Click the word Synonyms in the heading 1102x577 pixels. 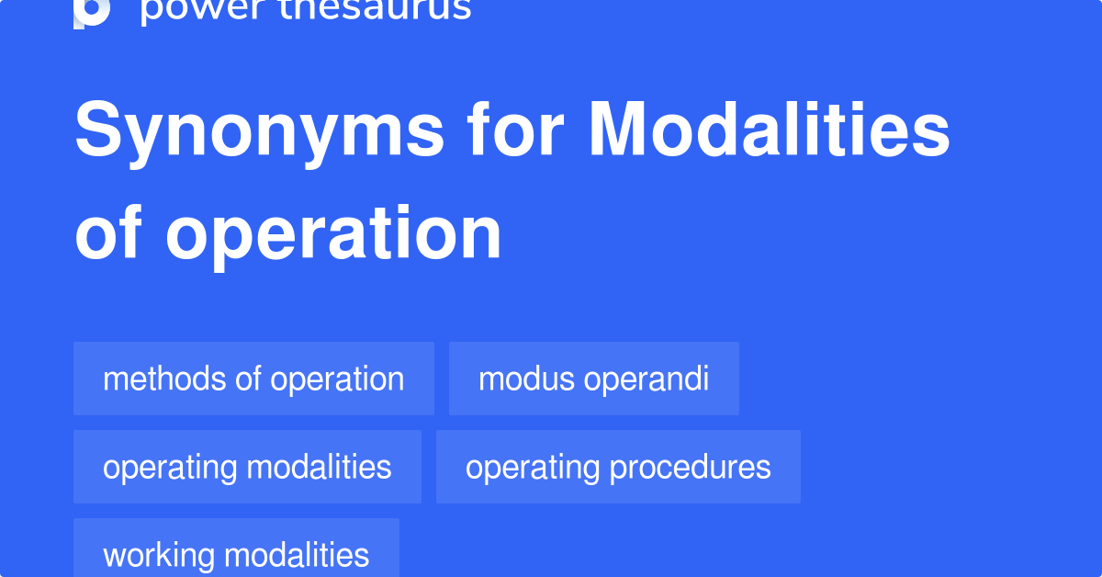pos(260,131)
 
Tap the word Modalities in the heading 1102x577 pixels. pos(769,131)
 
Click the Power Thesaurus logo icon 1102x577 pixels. pos(92,11)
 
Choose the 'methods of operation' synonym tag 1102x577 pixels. pos(253,379)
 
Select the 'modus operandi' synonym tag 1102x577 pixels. pos(593,379)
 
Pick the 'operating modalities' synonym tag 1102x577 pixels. pos(247,467)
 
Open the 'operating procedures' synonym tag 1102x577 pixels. pos(618,467)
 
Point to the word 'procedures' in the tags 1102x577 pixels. pos(690,468)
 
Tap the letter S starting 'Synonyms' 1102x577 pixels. pos(97,131)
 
